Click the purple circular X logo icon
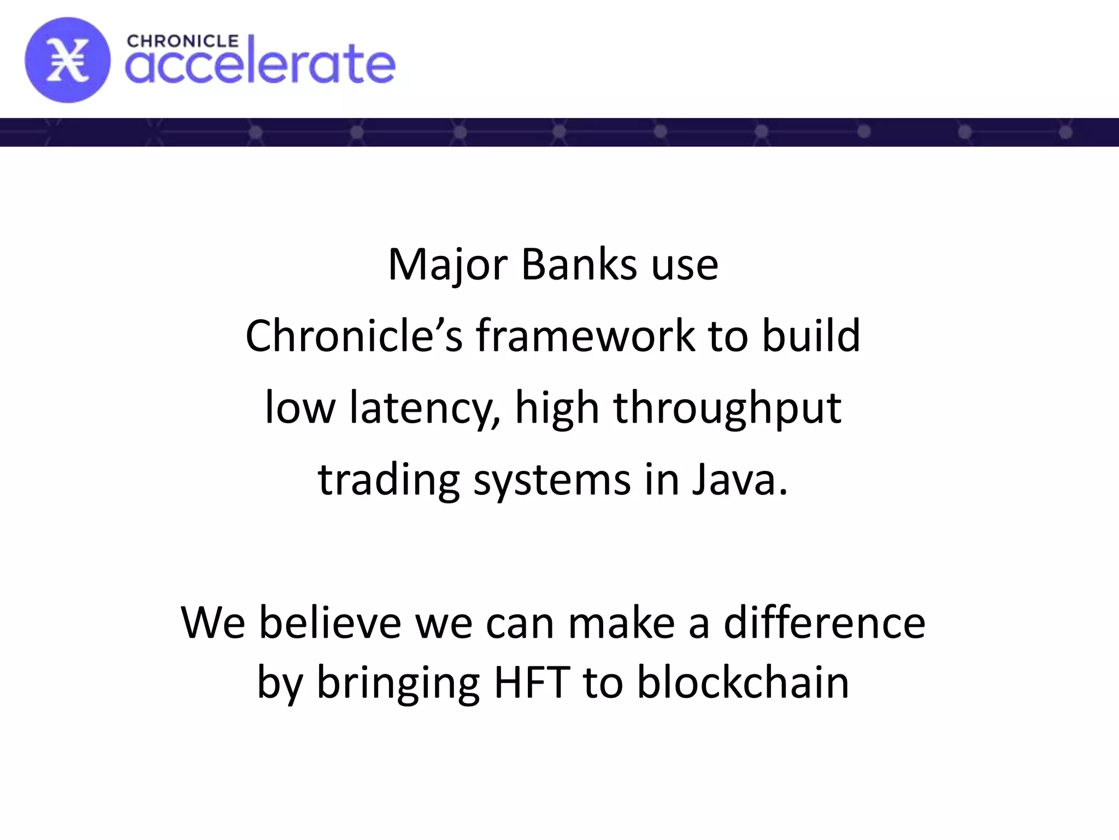(67, 60)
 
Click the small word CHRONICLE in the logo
(182, 42)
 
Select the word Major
(447, 265)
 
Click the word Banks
(579, 265)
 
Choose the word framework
(585, 336)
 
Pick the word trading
(388, 480)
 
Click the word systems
(552, 480)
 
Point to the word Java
(739, 479)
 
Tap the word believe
(330, 623)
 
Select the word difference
(824, 623)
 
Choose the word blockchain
(743, 682)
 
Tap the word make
(621, 623)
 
